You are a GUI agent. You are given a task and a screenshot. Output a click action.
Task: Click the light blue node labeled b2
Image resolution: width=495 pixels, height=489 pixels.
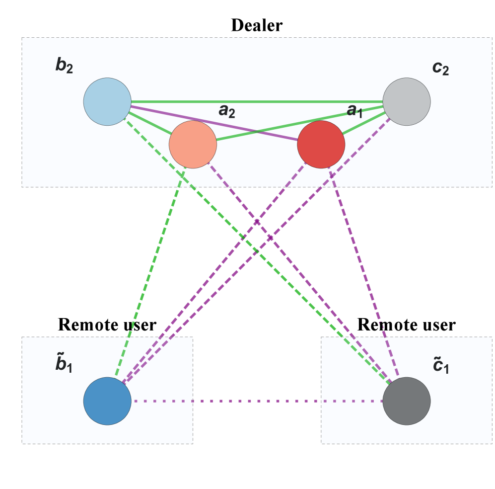(x=107, y=101)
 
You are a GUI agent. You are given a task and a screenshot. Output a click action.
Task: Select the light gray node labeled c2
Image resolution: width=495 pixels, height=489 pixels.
(x=406, y=101)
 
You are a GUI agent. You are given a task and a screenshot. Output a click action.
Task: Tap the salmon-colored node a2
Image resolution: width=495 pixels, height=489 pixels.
(x=193, y=144)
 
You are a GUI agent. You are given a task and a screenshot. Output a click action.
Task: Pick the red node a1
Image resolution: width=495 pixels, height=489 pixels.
(x=321, y=144)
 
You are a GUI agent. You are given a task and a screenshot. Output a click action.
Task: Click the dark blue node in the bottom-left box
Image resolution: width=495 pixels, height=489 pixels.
(x=107, y=401)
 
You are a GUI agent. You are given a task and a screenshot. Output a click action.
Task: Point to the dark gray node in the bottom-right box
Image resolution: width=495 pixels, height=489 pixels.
(x=406, y=401)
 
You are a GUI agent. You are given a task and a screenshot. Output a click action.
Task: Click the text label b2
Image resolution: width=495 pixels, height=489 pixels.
(x=64, y=66)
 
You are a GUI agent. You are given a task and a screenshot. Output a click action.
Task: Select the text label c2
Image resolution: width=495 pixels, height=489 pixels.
(x=440, y=67)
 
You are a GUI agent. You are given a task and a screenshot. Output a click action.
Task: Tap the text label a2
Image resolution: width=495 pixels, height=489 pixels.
(x=226, y=110)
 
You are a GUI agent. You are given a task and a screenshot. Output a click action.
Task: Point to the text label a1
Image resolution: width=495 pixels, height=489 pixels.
(x=354, y=110)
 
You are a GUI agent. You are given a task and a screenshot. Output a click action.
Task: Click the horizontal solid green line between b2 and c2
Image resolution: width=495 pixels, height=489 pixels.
(x=258, y=102)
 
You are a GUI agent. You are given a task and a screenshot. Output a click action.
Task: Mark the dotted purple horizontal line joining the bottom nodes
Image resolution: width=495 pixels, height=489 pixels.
(x=257, y=401)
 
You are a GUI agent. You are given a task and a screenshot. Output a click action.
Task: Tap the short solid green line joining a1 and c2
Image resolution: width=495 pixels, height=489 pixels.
(x=363, y=124)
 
